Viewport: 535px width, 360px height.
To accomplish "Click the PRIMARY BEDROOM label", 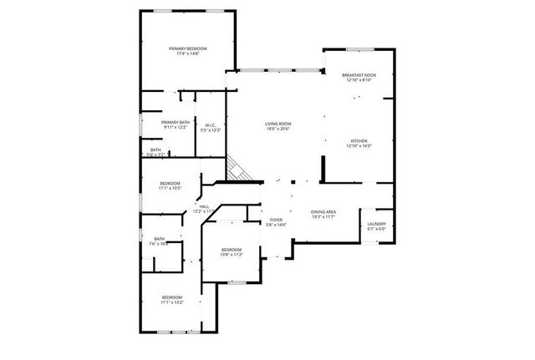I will point(187,49).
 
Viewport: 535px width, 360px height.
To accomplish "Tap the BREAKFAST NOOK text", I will point(359,75).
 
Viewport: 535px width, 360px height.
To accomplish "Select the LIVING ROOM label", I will point(277,124).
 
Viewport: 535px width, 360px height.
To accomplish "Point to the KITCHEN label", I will point(359,140).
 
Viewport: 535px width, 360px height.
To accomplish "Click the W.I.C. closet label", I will point(211,125).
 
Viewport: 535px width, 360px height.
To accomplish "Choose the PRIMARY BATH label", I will point(176,122).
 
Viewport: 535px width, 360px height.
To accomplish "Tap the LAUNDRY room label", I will point(376,223).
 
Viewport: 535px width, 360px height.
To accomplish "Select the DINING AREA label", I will point(324,212).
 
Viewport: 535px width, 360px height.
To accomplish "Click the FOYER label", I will point(276,219).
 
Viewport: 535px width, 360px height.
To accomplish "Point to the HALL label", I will point(204,205).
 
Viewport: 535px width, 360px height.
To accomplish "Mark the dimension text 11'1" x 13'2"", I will point(172,303).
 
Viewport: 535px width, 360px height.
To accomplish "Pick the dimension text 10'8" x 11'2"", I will point(231,255).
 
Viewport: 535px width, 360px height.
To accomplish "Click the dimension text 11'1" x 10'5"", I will point(170,188).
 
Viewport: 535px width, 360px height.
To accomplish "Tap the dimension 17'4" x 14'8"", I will point(187,55).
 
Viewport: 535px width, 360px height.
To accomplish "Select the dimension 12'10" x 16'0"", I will point(359,146).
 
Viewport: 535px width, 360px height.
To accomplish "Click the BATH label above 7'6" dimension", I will point(159,239).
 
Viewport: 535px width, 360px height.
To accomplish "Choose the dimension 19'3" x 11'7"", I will point(324,217).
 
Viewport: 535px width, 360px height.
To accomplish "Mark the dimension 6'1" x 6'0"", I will point(376,229).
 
